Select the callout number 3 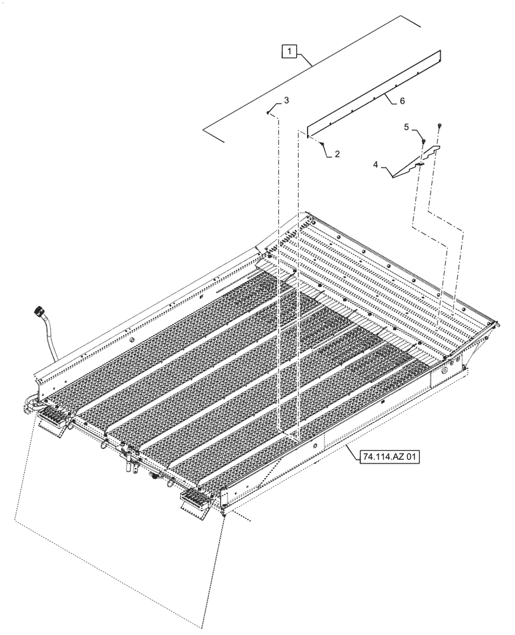pyautogui.click(x=286, y=101)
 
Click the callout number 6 pyautogui.click(x=401, y=101)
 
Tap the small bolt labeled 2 pyautogui.click(x=323, y=145)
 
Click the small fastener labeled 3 pyautogui.click(x=270, y=112)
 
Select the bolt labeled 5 pyautogui.click(x=421, y=141)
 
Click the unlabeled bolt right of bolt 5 pyautogui.click(x=440, y=127)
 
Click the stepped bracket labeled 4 pyautogui.click(x=415, y=163)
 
